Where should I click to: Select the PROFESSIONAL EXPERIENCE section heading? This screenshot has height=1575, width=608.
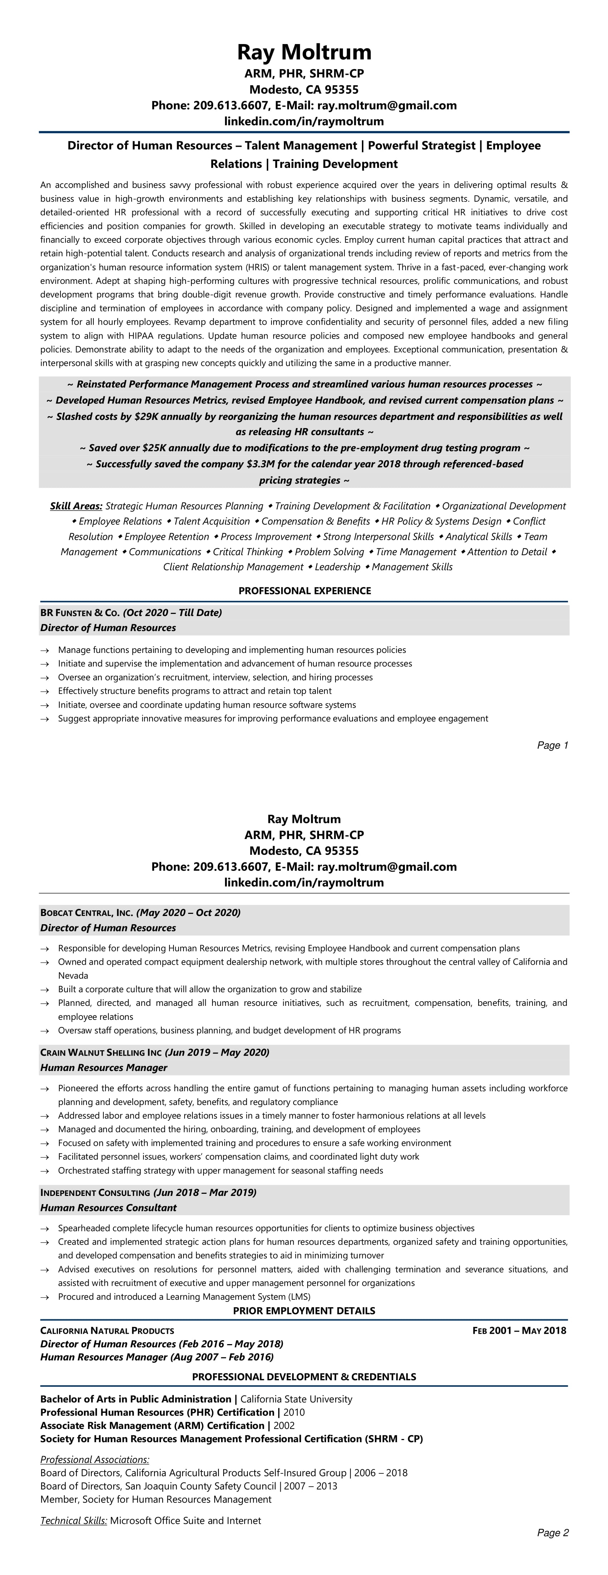[x=304, y=591]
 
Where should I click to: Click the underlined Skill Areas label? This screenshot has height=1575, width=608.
[x=76, y=506]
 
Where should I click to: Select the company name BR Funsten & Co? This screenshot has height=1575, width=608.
[x=80, y=612]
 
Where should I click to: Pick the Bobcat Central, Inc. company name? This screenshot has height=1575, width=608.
[x=86, y=913]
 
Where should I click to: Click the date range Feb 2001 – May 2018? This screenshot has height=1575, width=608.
[x=519, y=1331]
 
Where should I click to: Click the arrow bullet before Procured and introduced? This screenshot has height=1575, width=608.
[x=45, y=1297]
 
